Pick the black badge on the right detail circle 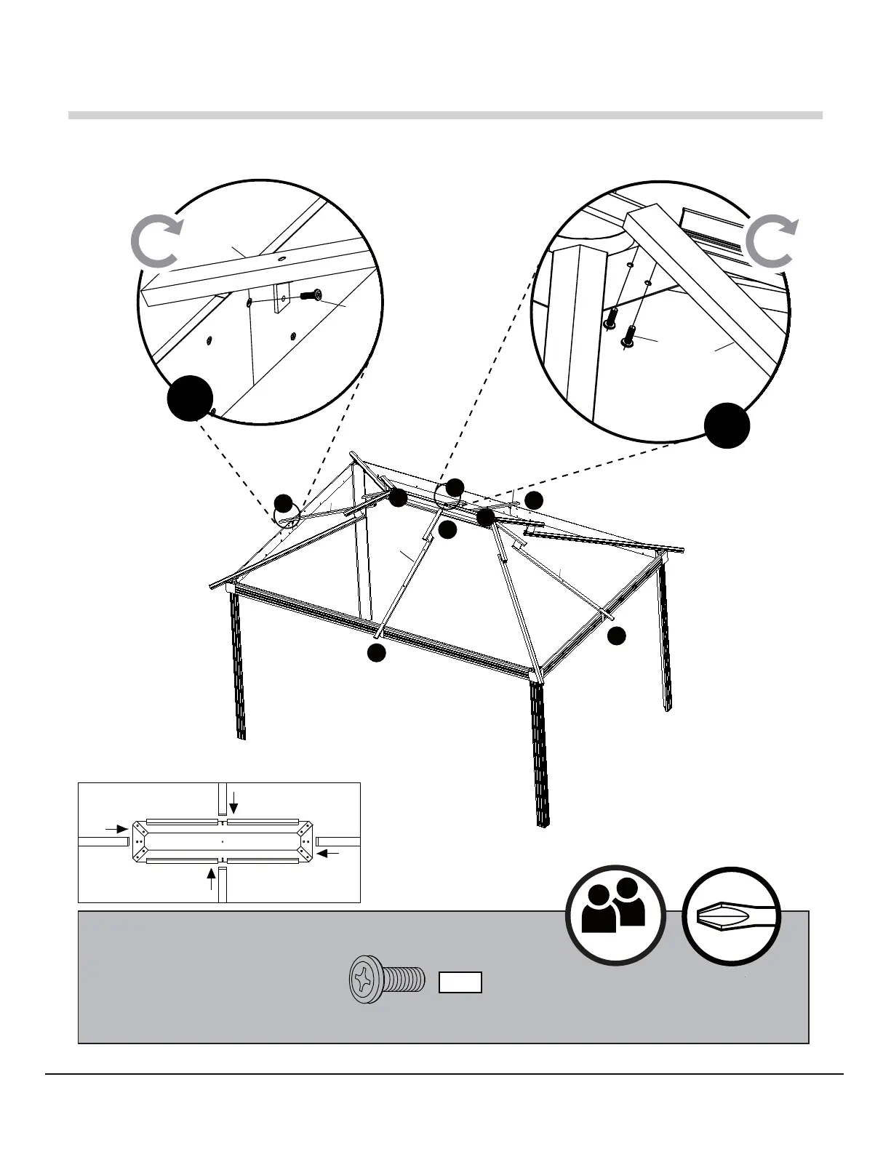coord(727,426)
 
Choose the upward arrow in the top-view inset coord(212,879)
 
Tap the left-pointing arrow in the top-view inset coord(328,853)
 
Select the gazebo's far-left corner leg coord(239,665)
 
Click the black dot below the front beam coord(375,653)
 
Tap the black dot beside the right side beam coord(616,636)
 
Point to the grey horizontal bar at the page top coord(445,115)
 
